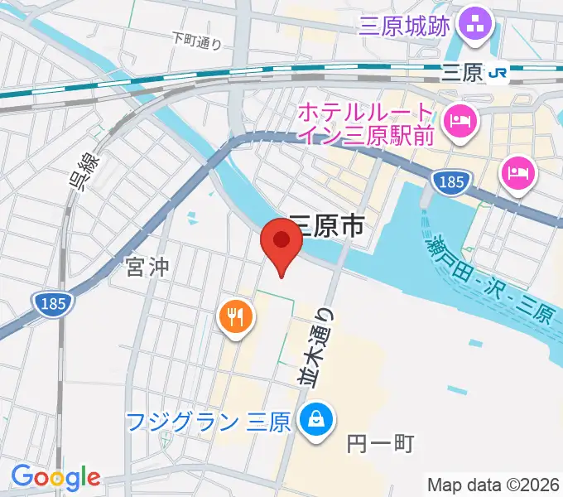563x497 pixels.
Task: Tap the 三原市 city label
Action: click(x=327, y=225)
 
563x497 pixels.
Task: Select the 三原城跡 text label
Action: click(x=405, y=26)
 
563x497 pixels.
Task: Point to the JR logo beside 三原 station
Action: click(x=498, y=73)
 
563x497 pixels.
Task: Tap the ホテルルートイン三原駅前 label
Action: click(x=365, y=123)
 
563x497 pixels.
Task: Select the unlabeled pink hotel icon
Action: click(x=518, y=174)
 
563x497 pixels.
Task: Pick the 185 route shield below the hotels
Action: click(x=452, y=181)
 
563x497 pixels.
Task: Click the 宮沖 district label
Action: click(x=147, y=267)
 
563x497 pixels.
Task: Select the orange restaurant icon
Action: click(x=235, y=315)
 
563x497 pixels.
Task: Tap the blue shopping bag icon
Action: click(x=315, y=418)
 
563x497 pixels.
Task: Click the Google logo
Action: click(x=55, y=476)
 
